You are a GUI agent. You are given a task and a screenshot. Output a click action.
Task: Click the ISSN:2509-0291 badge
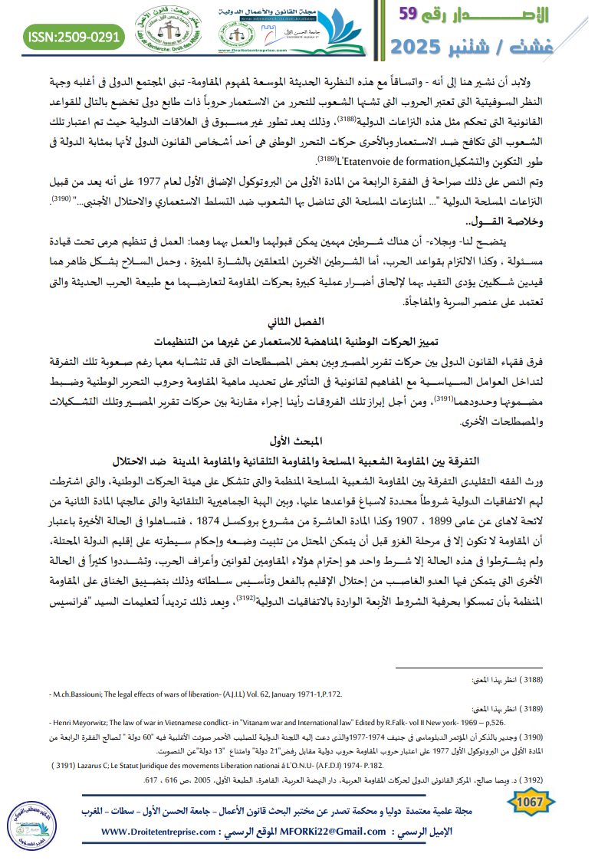74,36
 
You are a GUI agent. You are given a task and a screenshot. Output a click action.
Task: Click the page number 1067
529,802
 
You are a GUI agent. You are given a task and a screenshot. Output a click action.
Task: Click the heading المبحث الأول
304,440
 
